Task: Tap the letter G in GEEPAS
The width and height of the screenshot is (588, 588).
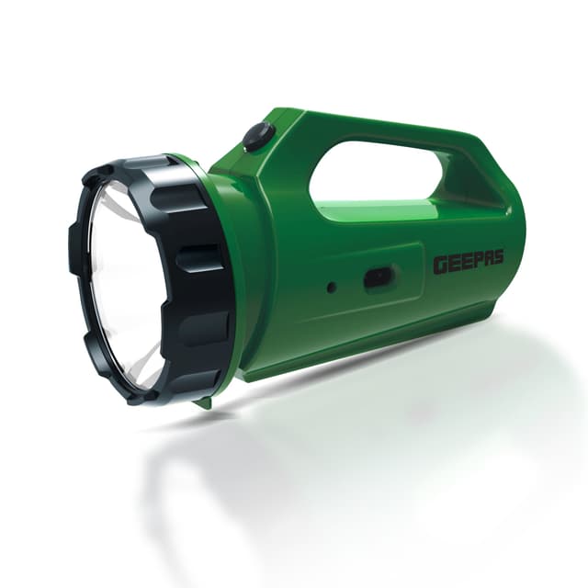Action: click(x=440, y=266)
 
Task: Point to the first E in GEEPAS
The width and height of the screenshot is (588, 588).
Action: click(x=451, y=266)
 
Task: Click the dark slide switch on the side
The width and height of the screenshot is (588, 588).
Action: click(x=379, y=278)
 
